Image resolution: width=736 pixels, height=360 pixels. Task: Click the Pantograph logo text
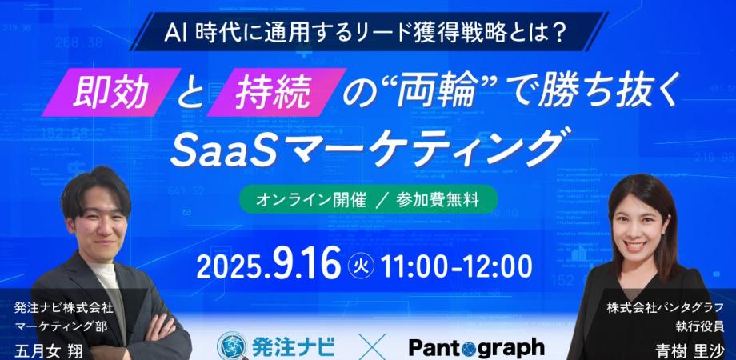[476, 347]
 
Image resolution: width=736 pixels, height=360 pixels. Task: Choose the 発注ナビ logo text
[296, 347]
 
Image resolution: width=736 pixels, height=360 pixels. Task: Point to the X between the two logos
[371, 347]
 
